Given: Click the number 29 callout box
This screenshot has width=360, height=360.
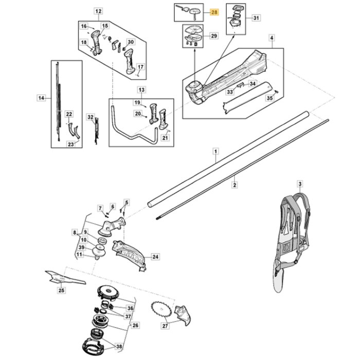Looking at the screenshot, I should click(213, 35).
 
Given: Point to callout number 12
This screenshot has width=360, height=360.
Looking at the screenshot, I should click(99, 11).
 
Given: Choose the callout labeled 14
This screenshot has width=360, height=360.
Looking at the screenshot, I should click(42, 97).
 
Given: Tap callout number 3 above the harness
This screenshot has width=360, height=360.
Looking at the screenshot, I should click(300, 184).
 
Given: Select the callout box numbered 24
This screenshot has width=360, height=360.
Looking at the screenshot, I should click(155, 256).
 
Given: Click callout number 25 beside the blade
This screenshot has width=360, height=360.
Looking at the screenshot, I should click(61, 291).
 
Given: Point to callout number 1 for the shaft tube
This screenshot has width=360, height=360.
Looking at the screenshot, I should click(216, 151).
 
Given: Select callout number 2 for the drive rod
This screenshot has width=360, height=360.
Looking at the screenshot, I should click(234, 184).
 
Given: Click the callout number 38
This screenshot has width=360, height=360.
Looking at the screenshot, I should click(120, 347).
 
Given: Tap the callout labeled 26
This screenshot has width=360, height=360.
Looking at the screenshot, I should click(135, 325).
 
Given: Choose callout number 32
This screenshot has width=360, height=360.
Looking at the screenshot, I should click(91, 117).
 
